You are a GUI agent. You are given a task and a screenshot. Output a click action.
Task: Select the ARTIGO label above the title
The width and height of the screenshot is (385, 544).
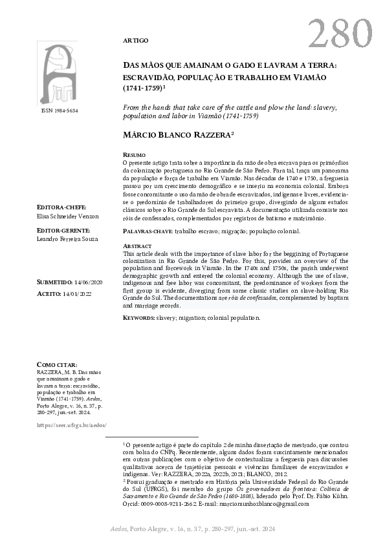point(135,40)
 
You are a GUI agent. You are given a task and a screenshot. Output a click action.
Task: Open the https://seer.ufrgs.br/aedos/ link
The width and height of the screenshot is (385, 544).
point(71,426)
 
